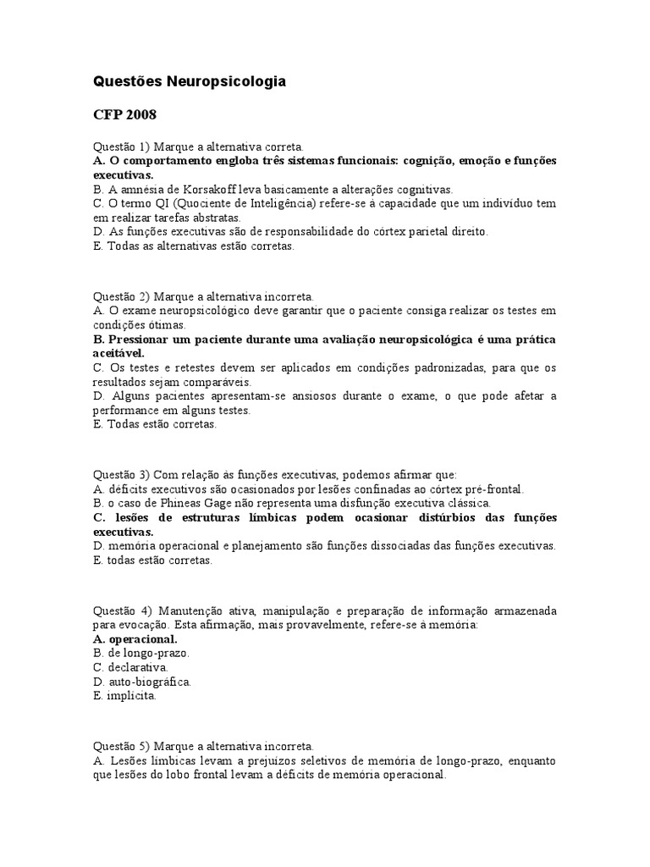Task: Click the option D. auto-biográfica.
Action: [141, 681]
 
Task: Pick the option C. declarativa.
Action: [131, 667]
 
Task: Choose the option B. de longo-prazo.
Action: [140, 653]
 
